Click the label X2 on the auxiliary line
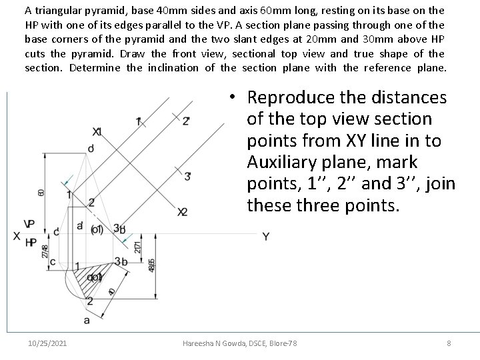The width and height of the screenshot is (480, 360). coord(182,212)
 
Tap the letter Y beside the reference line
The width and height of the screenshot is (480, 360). coord(265,237)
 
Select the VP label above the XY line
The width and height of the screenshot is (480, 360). coord(30,224)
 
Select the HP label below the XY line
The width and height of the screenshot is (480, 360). coord(30,243)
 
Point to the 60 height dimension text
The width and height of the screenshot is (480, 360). coord(41,192)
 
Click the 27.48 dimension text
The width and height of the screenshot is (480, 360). coord(45,251)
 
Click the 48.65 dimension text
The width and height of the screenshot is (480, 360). coord(152,265)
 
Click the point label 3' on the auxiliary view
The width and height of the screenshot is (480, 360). coord(189,176)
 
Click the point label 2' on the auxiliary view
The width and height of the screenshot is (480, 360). coord(185,121)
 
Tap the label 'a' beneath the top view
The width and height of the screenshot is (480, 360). coord(87,320)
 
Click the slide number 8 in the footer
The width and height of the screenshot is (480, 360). coord(449,343)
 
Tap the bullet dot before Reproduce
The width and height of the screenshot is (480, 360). coord(229,98)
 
